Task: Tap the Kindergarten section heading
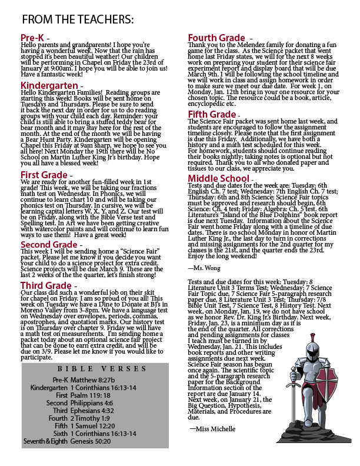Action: (50, 86)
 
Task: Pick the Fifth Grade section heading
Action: (212, 114)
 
